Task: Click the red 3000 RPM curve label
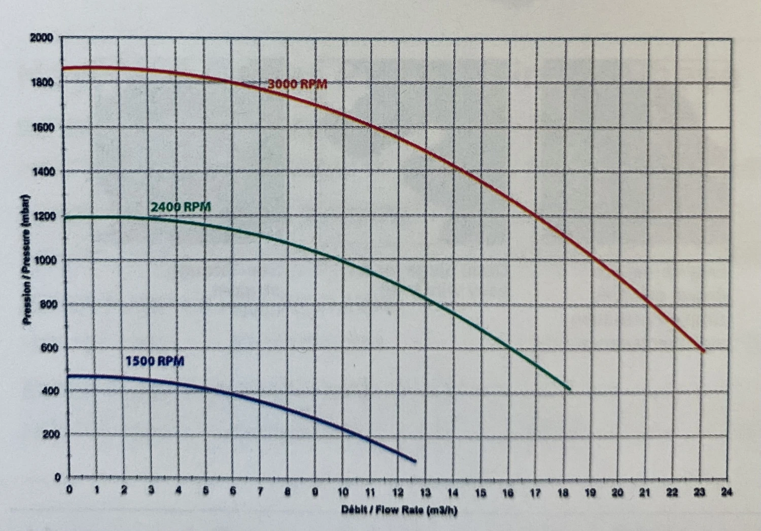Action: [297, 84]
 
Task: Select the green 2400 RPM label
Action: [180, 207]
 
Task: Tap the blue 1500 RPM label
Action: [155, 361]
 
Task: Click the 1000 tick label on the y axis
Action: [44, 260]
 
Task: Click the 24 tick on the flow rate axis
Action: [727, 492]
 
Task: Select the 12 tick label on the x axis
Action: [398, 492]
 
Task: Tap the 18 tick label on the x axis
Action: [563, 492]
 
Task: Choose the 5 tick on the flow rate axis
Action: [205, 491]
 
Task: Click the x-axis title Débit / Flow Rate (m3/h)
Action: [399, 510]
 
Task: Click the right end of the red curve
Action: [703, 350]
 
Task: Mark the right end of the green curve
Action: [569, 389]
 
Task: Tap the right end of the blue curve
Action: [415, 461]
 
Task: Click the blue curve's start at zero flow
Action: [68, 376]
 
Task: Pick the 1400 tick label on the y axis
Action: [44, 171]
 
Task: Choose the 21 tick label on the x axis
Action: [644, 492]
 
